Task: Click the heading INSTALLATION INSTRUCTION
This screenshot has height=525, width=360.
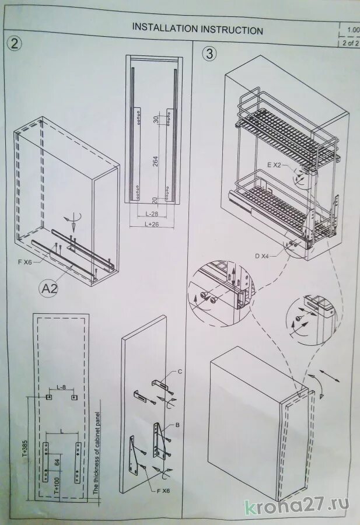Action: pos(197,29)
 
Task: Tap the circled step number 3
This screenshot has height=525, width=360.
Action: pos(209,54)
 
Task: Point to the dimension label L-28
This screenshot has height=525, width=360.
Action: pos(153,214)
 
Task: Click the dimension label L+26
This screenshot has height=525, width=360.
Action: pos(153,224)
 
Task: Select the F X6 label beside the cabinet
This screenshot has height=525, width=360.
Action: pos(25,261)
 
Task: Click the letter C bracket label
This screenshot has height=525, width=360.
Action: pos(180,372)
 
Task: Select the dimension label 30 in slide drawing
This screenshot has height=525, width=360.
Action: pos(155,119)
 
